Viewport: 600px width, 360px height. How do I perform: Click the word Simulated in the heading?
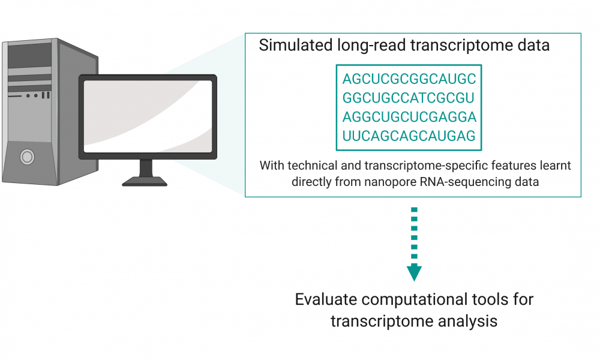pyautogui.click(x=295, y=45)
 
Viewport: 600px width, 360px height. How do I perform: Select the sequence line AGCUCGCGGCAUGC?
pyautogui.click(x=409, y=79)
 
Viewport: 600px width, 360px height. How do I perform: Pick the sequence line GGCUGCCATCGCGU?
pyautogui.click(x=408, y=98)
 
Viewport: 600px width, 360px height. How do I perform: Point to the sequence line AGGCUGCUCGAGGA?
pyautogui.click(x=409, y=117)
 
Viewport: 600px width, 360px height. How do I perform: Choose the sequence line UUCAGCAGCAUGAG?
pyautogui.click(x=409, y=136)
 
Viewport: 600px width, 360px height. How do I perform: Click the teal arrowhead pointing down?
pyautogui.click(x=414, y=272)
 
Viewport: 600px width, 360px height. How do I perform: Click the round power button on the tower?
pyautogui.click(x=27, y=157)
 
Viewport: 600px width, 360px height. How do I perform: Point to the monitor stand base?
pyautogui.click(x=145, y=181)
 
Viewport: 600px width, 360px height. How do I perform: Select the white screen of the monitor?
pyautogui.click(x=148, y=116)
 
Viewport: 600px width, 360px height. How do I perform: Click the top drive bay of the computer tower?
pyautogui.click(x=30, y=55)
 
